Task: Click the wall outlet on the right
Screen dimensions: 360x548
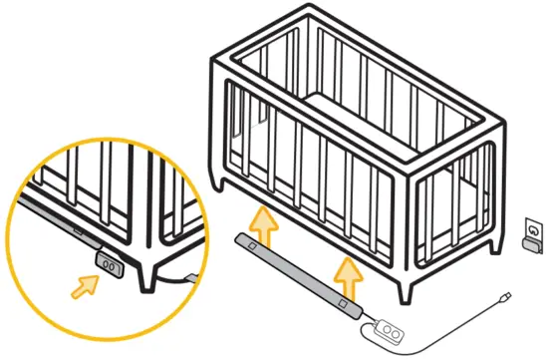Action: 535,233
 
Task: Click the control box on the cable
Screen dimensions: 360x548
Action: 389,330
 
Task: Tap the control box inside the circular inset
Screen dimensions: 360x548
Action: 108,264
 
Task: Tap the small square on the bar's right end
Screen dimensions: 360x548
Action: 341,302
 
